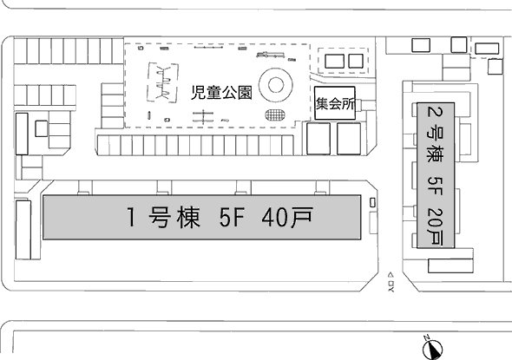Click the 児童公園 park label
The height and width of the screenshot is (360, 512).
tap(221, 93)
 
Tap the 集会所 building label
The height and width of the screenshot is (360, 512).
tap(335, 104)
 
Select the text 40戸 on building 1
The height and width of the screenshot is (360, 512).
tap(287, 217)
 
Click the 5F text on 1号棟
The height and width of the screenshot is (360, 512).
tap(232, 218)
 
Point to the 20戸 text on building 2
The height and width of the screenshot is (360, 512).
tap(436, 227)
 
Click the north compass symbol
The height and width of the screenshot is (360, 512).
tap(432, 349)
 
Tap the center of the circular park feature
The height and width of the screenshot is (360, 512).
tap(276, 85)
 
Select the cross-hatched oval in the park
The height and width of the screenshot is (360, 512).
tap(275, 115)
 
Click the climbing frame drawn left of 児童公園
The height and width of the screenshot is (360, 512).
tap(163, 82)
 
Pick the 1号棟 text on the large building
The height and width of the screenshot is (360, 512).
tap(163, 218)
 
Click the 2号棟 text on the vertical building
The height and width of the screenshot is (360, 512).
tap(436, 136)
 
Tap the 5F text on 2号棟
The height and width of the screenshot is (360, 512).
tap(436, 186)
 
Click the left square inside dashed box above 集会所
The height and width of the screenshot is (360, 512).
tap(334, 61)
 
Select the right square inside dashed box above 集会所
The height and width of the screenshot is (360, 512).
tap(356, 61)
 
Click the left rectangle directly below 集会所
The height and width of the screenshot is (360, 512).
tap(318, 139)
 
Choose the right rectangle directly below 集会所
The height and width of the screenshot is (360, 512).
tap(349, 139)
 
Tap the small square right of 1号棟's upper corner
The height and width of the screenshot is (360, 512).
tap(372, 203)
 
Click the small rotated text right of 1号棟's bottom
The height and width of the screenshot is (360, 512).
tap(391, 282)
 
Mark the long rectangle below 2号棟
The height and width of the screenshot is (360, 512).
tap(450, 265)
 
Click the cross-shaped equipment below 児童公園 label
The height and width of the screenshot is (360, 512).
tap(203, 116)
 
